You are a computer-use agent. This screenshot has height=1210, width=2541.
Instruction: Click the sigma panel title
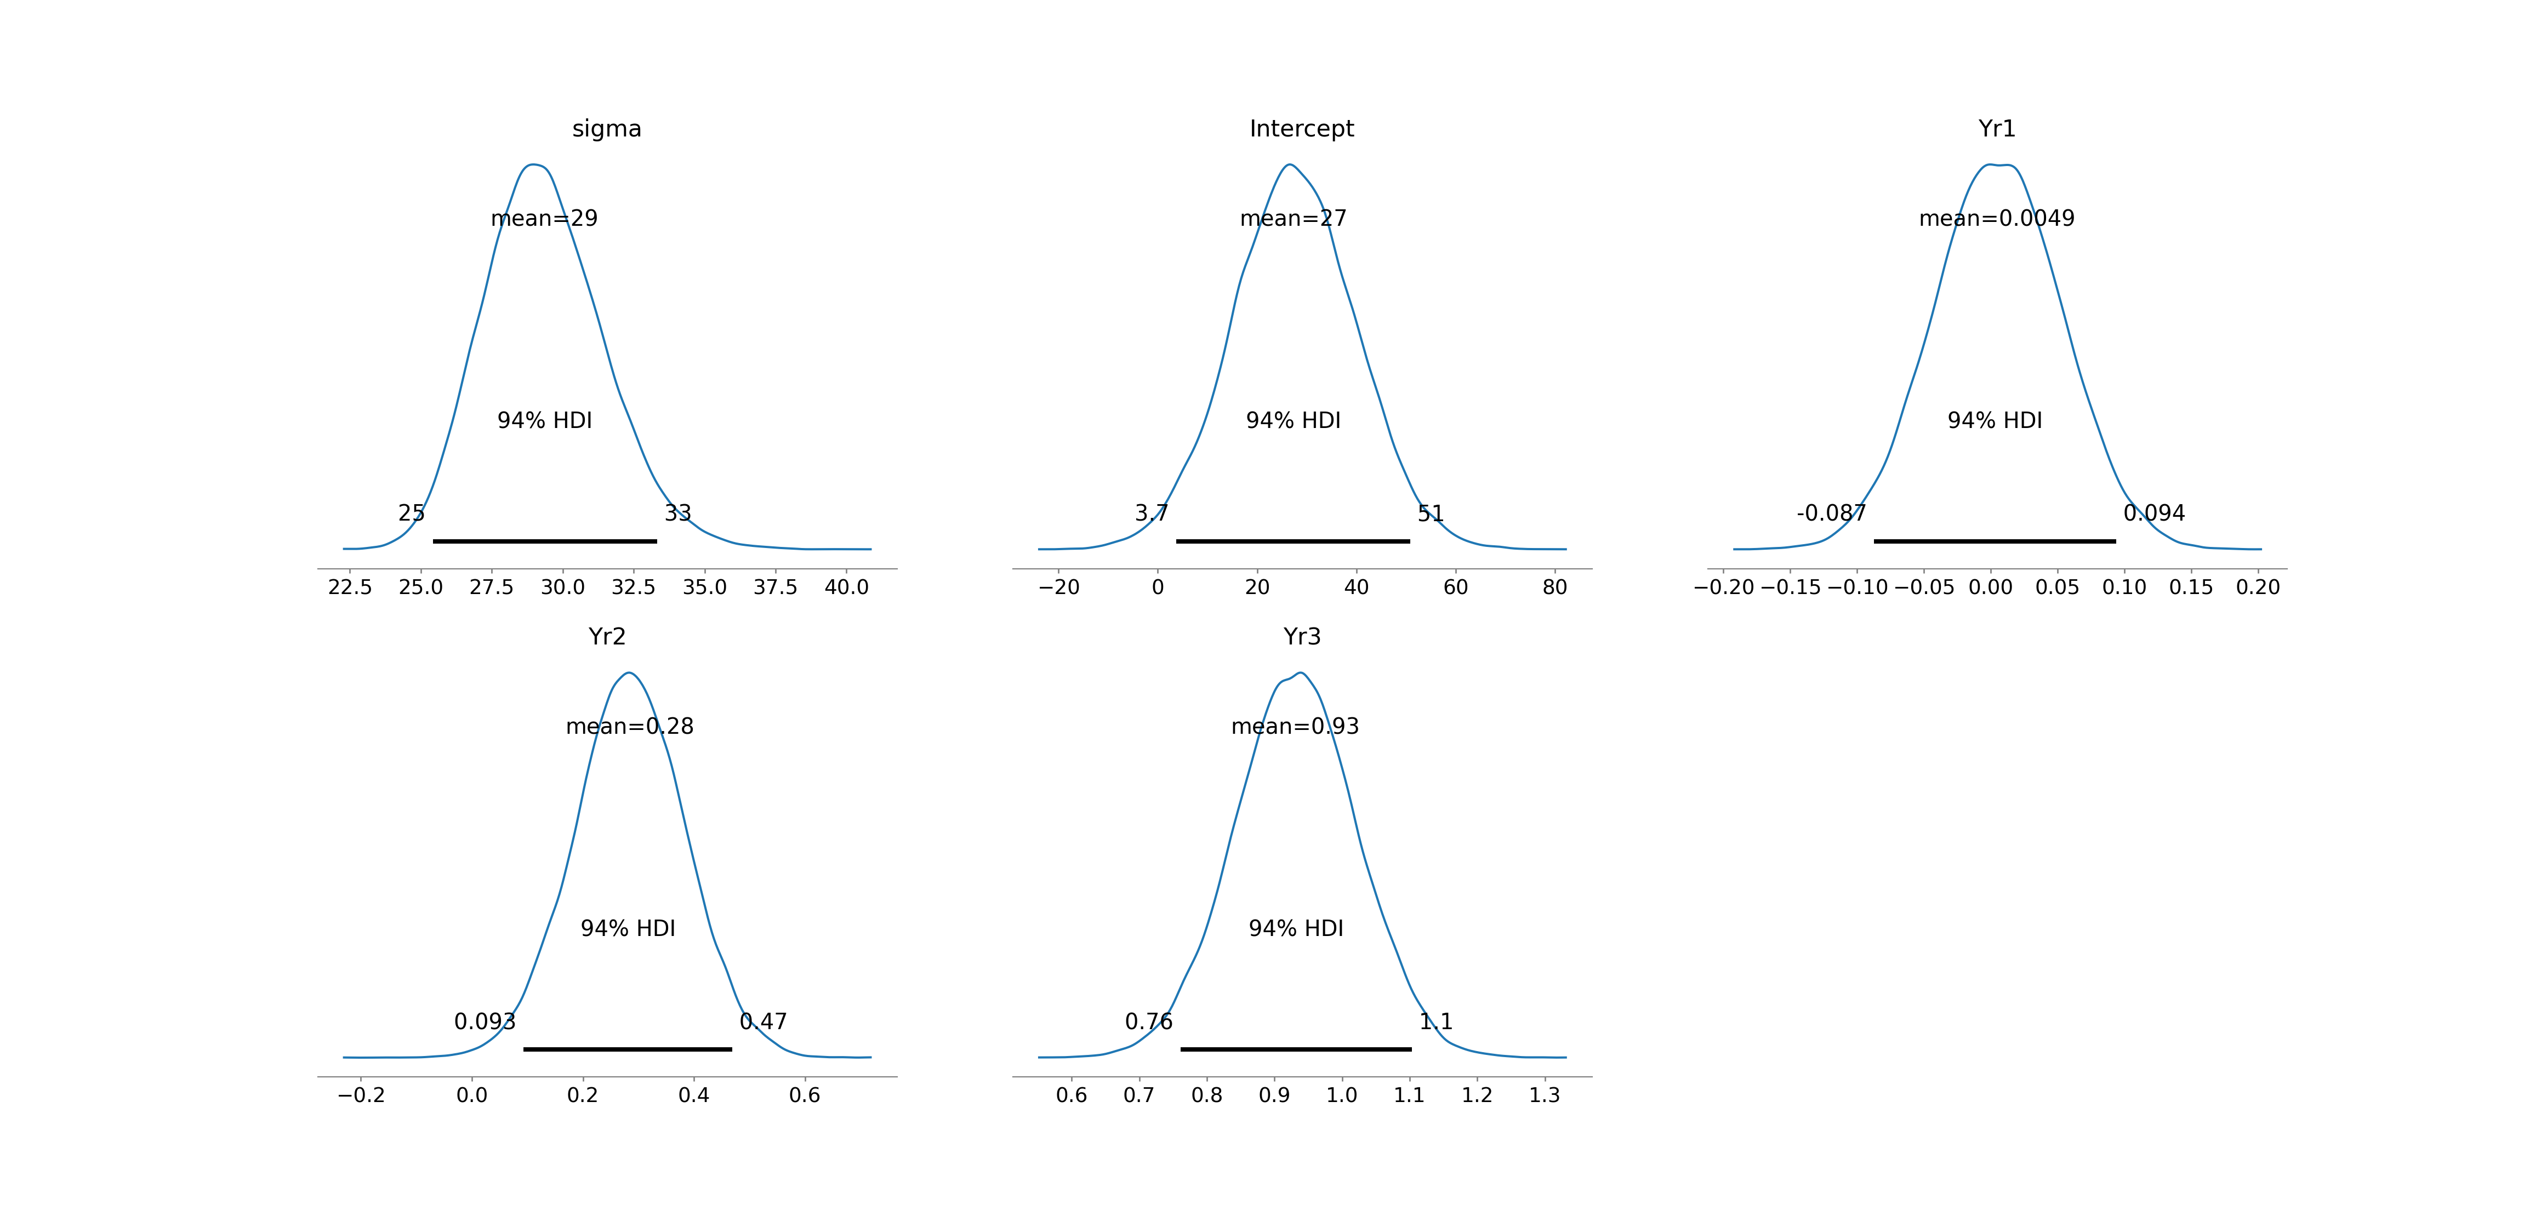coord(607,129)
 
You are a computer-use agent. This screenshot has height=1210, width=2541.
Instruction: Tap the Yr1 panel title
coord(1997,129)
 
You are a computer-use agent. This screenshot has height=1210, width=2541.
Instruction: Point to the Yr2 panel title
coord(607,637)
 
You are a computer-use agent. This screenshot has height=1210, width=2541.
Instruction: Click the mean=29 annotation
coord(544,219)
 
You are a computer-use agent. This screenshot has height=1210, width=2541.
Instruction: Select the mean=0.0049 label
coord(1997,219)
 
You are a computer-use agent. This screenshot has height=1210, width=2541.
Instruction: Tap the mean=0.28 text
coord(629,727)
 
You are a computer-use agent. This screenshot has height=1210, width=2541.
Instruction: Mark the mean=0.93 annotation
coord(1295,727)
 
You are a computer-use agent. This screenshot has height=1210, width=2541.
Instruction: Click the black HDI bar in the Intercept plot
coord(1292,541)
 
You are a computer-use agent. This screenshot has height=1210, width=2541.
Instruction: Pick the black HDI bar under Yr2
coord(628,1049)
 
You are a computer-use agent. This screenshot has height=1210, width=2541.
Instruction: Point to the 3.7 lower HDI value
coord(1151,514)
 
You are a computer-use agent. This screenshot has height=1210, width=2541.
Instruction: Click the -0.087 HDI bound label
coord(1831,514)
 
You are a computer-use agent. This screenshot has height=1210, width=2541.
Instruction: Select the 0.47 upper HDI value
coord(764,1021)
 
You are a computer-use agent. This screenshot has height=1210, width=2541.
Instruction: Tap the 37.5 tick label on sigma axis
coord(776,588)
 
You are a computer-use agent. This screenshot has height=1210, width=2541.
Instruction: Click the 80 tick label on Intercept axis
coord(1554,588)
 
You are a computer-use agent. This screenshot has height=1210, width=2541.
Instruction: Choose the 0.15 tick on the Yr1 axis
coord(2191,588)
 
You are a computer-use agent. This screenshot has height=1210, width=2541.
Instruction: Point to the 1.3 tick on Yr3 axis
coord(1545,1095)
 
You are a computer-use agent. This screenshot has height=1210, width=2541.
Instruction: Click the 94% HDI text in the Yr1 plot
coord(1995,421)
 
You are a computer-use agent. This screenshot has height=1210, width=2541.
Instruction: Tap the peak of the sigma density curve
coord(533,165)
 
